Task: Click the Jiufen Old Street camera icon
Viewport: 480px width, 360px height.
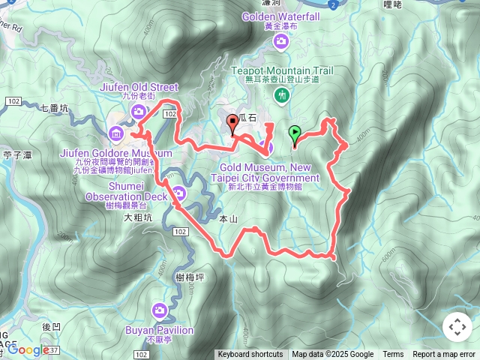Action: (x=139, y=112)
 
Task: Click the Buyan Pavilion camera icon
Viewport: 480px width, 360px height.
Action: (x=160, y=310)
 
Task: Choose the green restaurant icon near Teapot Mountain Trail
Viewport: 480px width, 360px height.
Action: (x=282, y=95)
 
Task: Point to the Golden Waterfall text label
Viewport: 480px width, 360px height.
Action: (x=280, y=16)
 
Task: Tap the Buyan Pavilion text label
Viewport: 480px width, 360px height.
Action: (x=160, y=330)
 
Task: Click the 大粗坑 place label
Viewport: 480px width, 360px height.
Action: (x=137, y=217)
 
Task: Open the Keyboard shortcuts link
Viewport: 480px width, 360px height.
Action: (x=250, y=355)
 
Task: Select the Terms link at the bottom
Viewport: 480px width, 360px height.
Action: (x=393, y=355)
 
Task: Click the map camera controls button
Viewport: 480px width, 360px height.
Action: (x=457, y=327)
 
